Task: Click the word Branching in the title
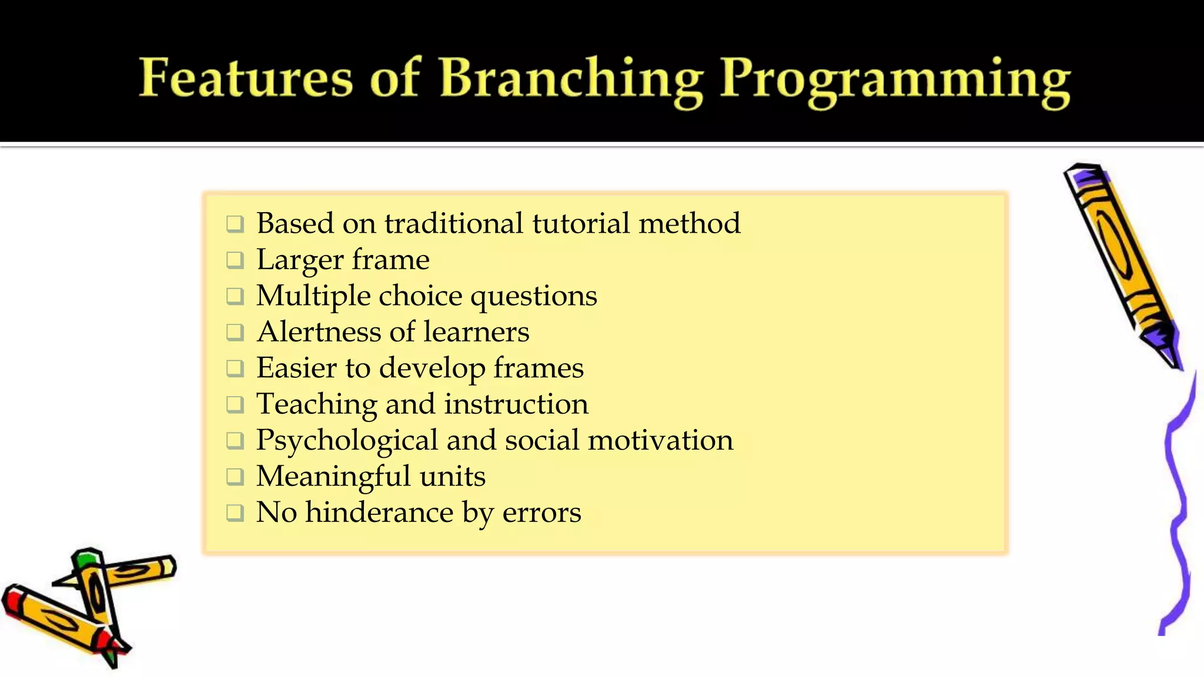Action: [x=571, y=79]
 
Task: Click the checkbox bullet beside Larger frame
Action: [x=235, y=260]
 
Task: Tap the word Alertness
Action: [x=322, y=331]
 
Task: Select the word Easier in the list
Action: [x=296, y=368]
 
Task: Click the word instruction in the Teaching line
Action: [x=516, y=404]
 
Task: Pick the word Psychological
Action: [x=347, y=441]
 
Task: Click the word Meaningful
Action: [x=333, y=477]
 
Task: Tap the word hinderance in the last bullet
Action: [x=379, y=512]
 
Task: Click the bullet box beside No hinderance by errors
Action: [x=235, y=512]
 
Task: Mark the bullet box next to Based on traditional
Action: [x=235, y=223]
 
